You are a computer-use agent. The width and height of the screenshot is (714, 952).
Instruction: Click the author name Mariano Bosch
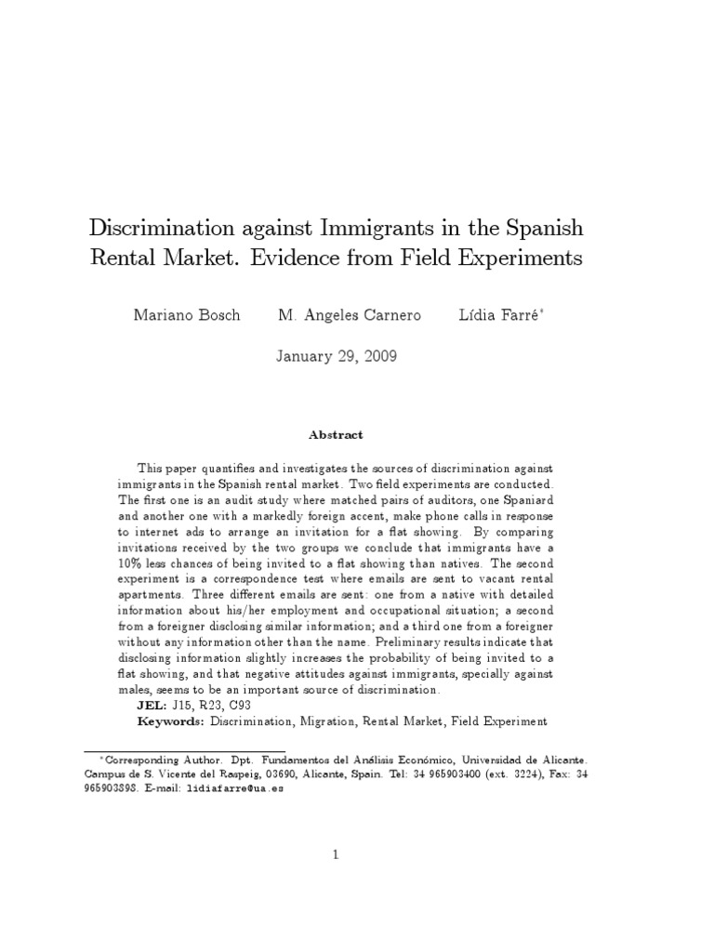click(x=187, y=315)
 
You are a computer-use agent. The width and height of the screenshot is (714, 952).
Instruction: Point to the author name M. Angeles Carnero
click(x=350, y=315)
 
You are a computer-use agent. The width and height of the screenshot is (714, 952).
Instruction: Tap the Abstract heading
click(x=336, y=434)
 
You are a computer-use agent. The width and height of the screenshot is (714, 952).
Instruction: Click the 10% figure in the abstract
click(x=133, y=564)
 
